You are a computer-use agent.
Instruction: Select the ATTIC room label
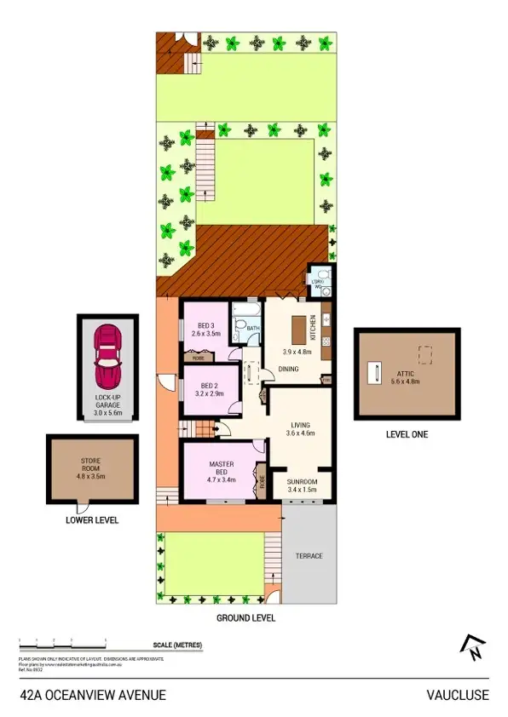[405, 372]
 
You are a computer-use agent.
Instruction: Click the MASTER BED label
[222, 468]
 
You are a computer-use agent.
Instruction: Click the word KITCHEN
[314, 326]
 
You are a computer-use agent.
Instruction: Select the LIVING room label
[299, 426]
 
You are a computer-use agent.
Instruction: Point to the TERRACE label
[309, 555]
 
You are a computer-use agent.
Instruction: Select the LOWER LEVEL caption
[91, 519]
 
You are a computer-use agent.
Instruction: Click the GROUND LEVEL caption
[246, 618]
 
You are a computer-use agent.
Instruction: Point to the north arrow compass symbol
[470, 649]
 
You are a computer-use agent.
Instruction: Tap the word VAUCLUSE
[458, 695]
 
